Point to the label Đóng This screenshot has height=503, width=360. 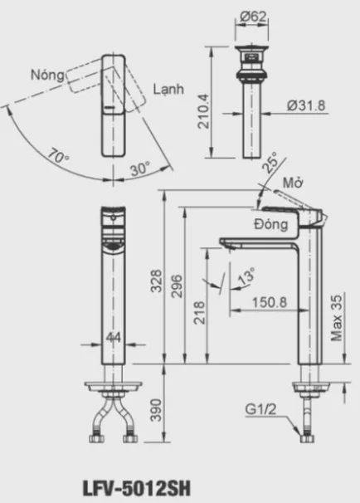[x=271, y=223]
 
